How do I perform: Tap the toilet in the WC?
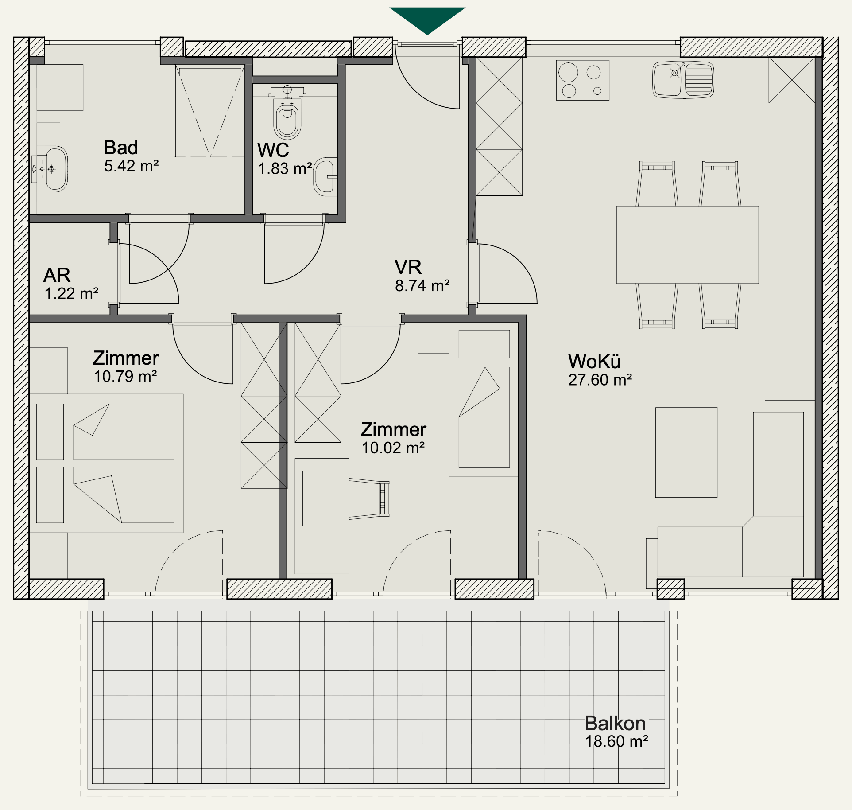tap(287, 113)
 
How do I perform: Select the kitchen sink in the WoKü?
tap(683, 80)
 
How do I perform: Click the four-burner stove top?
tap(583, 81)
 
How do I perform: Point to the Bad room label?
tap(121, 148)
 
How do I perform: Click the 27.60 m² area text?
tap(600, 380)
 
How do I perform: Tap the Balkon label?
tap(615, 724)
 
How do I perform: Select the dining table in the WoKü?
tap(688, 245)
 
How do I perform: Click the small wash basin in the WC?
tap(325, 177)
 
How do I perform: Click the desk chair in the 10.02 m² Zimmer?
tap(369, 498)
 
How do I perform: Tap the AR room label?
tap(57, 275)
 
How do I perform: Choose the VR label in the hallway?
tap(408, 267)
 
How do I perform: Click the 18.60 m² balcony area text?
tap(617, 742)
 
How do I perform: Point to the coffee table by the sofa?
tap(686, 452)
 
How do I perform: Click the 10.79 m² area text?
tap(125, 377)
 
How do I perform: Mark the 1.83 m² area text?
tap(285, 169)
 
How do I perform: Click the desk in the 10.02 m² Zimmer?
tap(322, 516)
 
